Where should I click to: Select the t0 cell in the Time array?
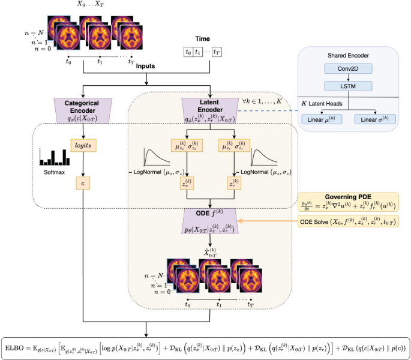[x=189, y=52]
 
